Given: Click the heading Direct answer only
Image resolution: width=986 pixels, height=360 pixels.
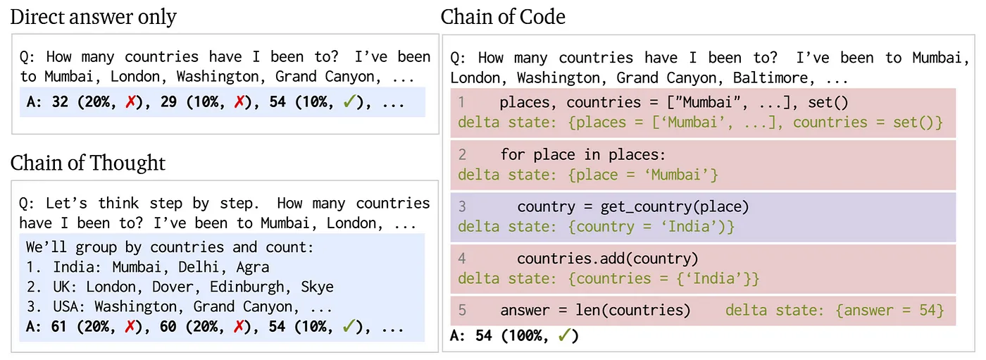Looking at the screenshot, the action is tap(93, 17).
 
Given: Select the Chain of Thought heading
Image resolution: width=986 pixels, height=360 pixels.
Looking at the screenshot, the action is tap(88, 163).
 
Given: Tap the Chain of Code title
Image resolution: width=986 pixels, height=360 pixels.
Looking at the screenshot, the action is tap(503, 17).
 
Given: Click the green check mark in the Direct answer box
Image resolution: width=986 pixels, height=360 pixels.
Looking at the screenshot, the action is tap(347, 102).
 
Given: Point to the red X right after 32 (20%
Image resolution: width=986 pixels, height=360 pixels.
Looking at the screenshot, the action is tap(129, 102).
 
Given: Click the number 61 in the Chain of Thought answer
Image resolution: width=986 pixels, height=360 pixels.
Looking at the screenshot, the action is tap(60, 328).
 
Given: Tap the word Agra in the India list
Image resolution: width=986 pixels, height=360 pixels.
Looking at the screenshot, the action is tap(252, 268).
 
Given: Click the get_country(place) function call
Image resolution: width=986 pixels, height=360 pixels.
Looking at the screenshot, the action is tap(675, 207).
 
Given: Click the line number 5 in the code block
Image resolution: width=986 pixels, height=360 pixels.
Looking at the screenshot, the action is tap(462, 311).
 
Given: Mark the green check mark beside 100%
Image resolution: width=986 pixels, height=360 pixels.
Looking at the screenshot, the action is tap(563, 336).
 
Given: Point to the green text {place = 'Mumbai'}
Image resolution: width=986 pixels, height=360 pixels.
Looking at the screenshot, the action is tap(644, 175).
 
